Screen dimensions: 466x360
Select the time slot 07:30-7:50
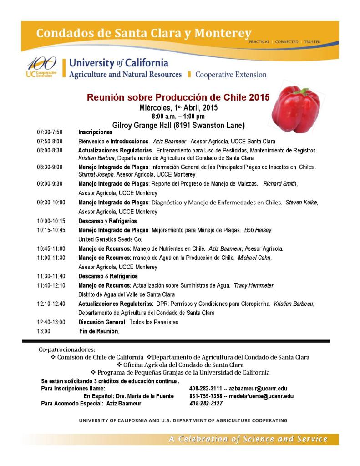50,132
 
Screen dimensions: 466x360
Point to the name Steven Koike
301,203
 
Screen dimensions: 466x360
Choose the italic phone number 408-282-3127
206,404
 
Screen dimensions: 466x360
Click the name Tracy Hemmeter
254,285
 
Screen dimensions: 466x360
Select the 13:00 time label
44,331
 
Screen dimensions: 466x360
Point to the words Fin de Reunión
99,331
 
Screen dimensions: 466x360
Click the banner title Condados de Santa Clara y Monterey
143,33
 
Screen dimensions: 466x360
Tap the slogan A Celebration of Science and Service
248,439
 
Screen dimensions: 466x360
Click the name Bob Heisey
258,230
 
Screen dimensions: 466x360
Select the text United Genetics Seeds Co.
110,239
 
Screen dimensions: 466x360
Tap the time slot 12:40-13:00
51,322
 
